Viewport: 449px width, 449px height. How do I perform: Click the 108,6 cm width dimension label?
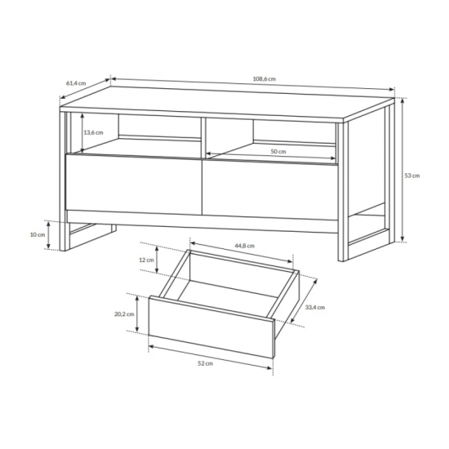pos(264,78)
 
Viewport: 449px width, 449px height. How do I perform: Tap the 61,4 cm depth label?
pos(76,83)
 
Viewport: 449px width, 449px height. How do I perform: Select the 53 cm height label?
pos(411,176)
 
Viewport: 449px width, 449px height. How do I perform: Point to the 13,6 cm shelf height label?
pos(93,132)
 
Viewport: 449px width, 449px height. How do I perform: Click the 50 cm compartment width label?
pos(278,152)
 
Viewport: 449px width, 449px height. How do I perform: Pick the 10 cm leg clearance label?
pos(38,234)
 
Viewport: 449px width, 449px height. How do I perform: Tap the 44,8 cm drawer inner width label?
pos(244,246)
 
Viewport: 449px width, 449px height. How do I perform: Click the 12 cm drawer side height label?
pos(146,260)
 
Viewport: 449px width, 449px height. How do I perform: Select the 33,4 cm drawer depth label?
pos(314,307)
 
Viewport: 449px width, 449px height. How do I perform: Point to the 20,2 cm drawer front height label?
pos(124,314)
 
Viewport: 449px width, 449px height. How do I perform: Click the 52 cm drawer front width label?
pos(205,363)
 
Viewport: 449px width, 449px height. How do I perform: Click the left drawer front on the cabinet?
pos(134,184)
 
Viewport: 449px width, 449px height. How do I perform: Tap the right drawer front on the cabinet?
pos(270,189)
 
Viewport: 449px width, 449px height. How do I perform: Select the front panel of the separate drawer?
pos(211,327)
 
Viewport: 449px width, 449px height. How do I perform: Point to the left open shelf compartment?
pos(136,135)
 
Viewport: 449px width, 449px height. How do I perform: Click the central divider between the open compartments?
pos(203,138)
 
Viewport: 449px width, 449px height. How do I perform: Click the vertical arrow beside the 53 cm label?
pos(402,170)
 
